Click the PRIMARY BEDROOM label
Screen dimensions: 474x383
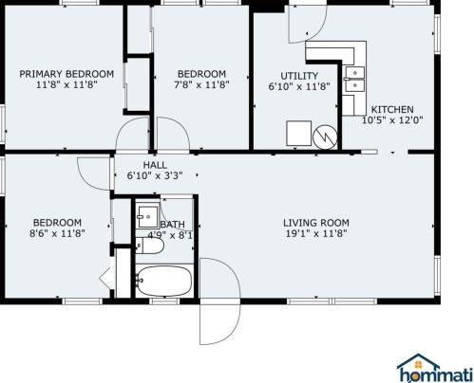pos(66,74)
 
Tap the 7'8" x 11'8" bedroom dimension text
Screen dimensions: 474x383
pos(201,84)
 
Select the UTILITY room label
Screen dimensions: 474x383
pos(299,76)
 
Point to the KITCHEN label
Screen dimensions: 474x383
pos(392,109)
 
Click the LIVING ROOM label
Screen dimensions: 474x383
pos(316,223)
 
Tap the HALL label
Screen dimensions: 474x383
pos(155,165)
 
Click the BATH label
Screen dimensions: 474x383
pos(172,225)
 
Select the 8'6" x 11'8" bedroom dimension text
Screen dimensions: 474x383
pos(57,233)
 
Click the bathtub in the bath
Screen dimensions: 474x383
pos(164,281)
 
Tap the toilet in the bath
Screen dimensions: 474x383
pos(149,246)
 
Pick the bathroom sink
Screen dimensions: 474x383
pos(147,216)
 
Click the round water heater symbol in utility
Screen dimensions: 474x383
pos(325,137)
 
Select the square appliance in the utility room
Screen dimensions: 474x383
pos(298,133)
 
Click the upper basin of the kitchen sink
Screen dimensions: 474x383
pos(354,72)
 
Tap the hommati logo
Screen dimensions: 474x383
pos(435,368)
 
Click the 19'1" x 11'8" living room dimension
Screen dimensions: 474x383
pos(316,234)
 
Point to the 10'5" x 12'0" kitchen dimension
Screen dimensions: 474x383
pos(392,120)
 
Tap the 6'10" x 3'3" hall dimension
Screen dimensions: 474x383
pos(155,175)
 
